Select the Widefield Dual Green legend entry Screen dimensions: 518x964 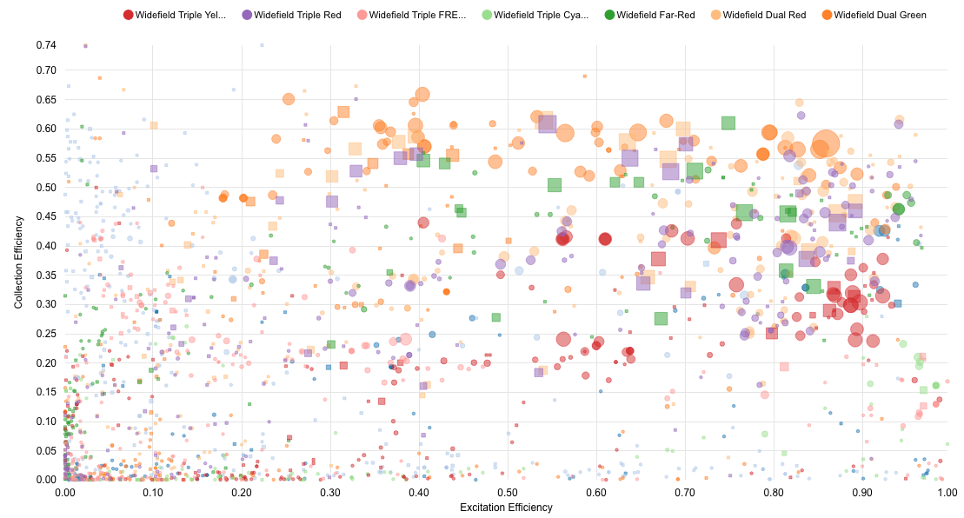tap(880, 15)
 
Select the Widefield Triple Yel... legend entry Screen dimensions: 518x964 tap(181, 15)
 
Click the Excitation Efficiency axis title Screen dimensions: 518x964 tap(506, 508)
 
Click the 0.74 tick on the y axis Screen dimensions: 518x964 tap(46, 45)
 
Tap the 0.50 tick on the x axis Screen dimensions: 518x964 tap(508, 492)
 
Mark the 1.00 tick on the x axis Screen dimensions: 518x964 tap(947, 492)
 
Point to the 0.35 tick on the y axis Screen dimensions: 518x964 tap(46, 275)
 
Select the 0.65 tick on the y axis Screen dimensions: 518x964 tap(46, 99)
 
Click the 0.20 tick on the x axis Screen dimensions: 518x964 tap(242, 492)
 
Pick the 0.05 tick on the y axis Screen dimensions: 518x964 tap(46, 450)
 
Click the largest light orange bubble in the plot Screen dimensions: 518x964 tap(826, 144)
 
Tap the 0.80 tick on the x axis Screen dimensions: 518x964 tap(772, 492)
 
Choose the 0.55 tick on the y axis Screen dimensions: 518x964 tap(46, 157)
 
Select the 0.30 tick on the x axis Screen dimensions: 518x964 tap(330, 492)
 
